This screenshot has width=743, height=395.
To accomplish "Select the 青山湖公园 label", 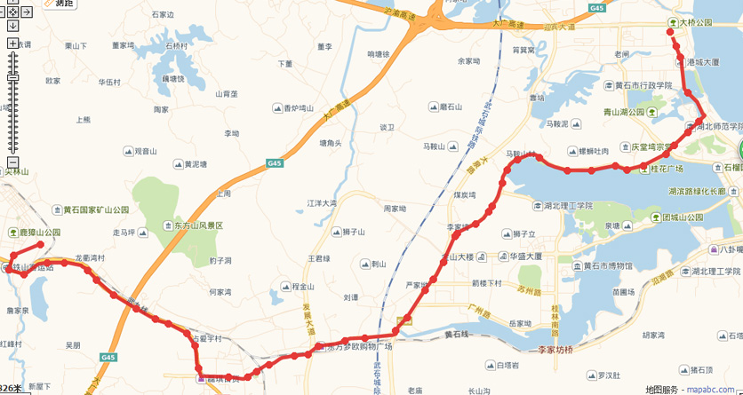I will (x=628, y=113).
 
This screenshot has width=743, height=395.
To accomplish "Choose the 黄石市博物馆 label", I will (x=607, y=265).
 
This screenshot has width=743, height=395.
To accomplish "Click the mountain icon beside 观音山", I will (x=127, y=151).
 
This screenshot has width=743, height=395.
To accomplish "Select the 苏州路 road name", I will (x=528, y=291).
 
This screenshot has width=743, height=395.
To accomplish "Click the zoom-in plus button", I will (x=12, y=43).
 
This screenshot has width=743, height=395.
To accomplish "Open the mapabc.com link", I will (x=713, y=388).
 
